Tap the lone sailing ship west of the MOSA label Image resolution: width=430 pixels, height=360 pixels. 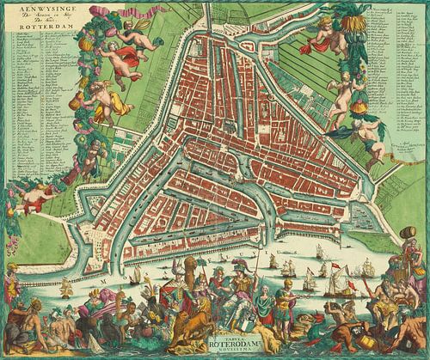tap(67, 288)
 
